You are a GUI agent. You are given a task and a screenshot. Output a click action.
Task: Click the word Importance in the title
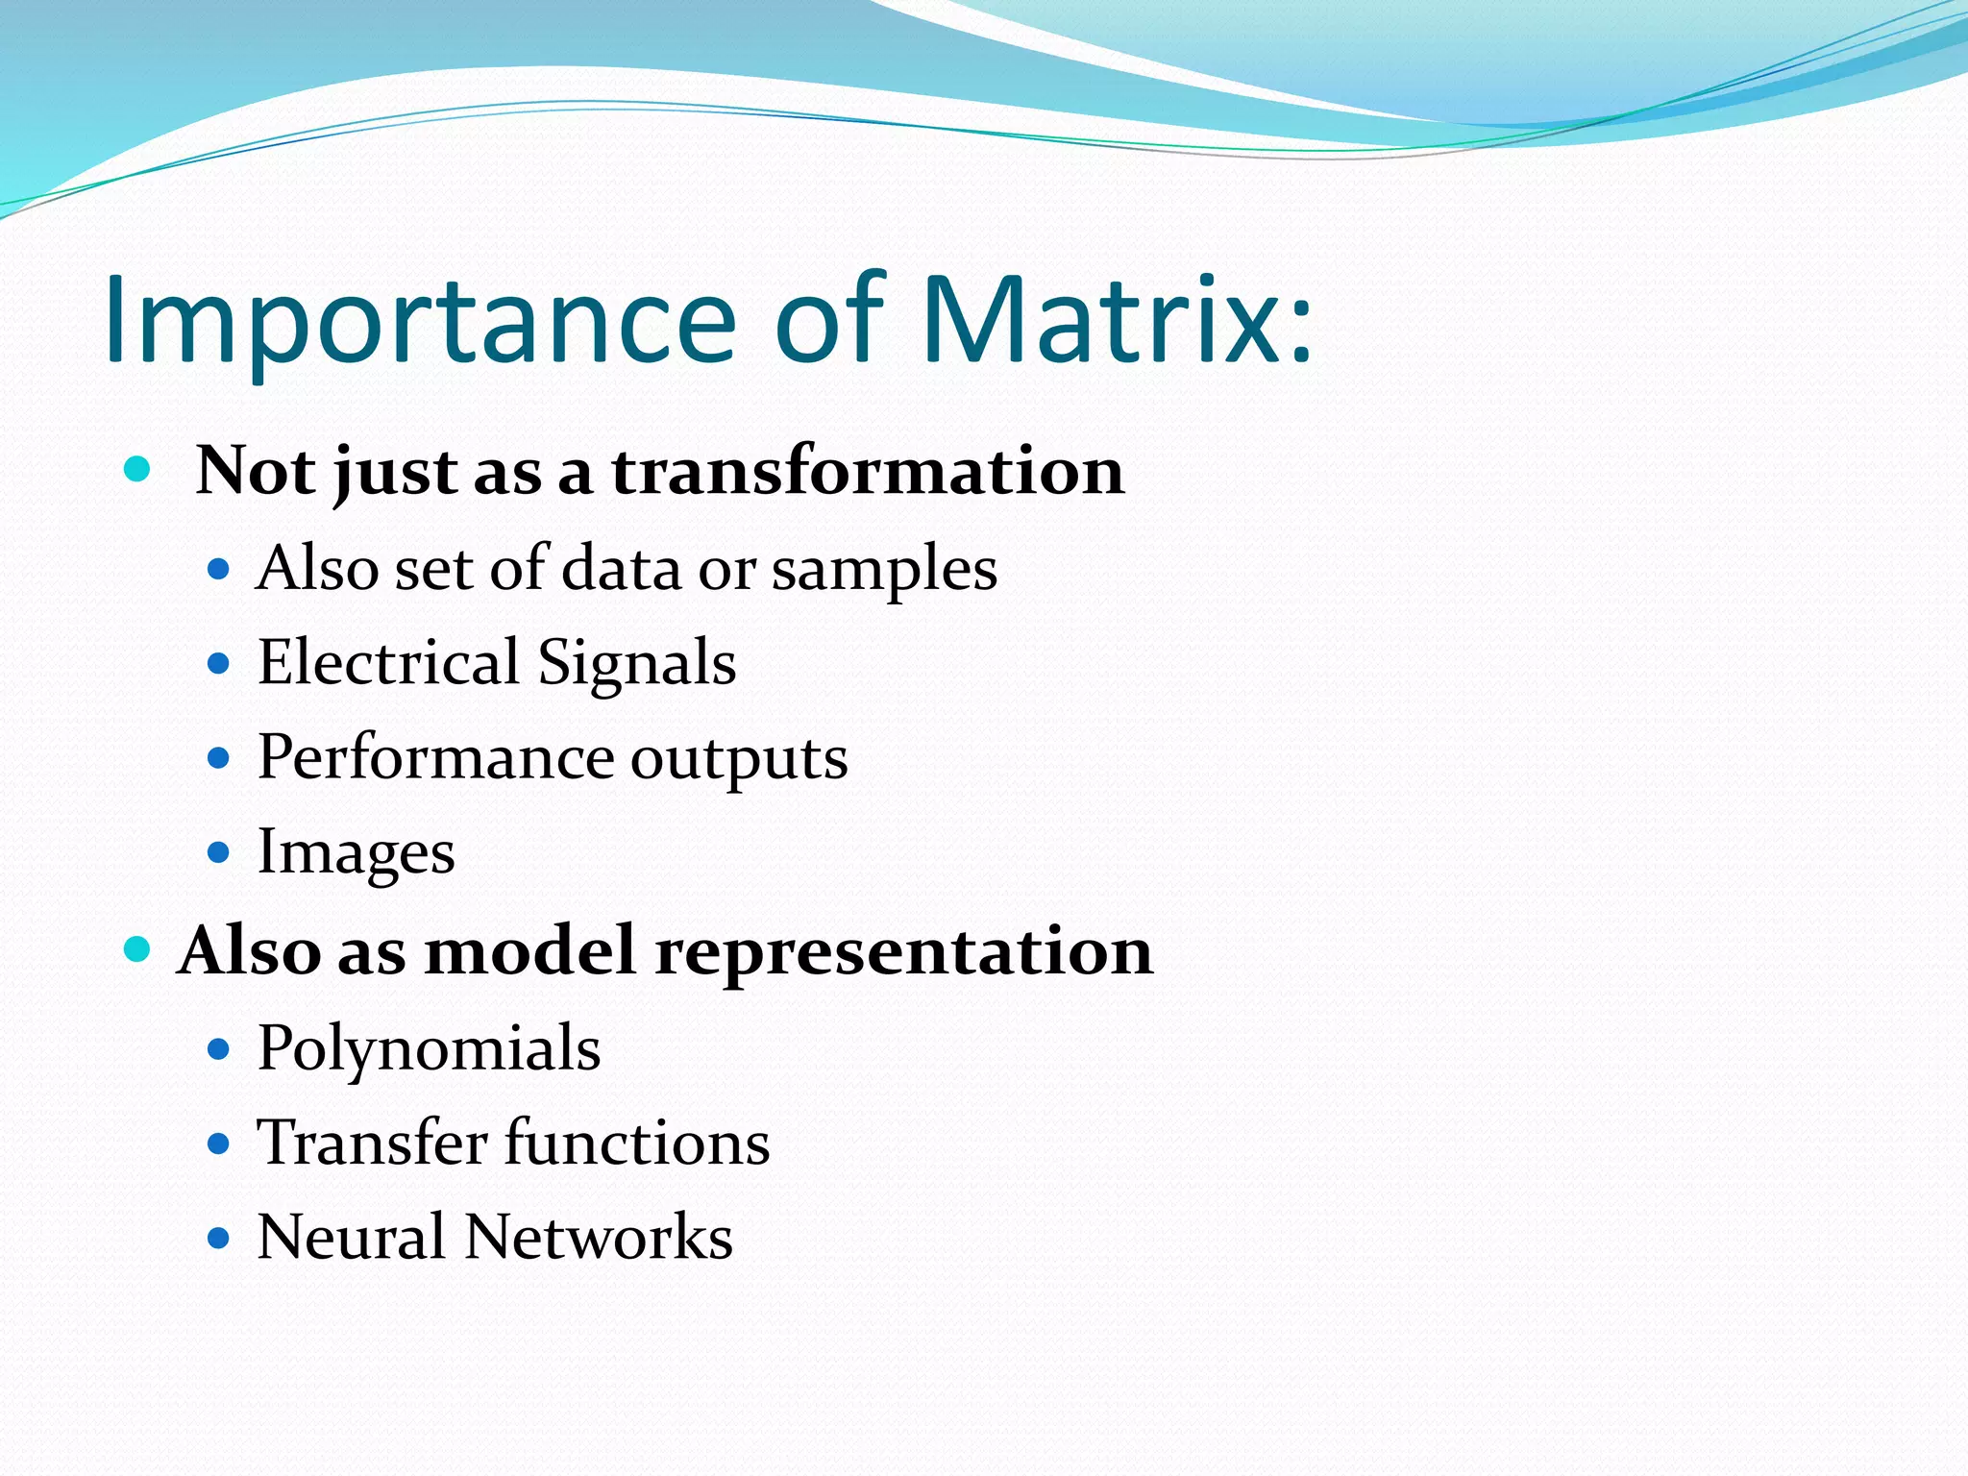[420, 322]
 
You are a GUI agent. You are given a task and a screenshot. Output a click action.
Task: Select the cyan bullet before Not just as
[138, 470]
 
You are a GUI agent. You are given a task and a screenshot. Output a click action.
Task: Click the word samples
[884, 570]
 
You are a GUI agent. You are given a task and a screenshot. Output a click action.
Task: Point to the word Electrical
[388, 663]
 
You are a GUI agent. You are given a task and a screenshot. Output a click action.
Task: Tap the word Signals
[636, 663]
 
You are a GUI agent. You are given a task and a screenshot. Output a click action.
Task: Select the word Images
[356, 853]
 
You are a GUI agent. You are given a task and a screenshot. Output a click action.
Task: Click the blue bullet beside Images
[219, 852]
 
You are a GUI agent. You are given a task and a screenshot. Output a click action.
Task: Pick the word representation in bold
[903, 951]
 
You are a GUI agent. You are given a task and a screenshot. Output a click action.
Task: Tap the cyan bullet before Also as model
[138, 950]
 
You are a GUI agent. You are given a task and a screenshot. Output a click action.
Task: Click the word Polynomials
[429, 1049]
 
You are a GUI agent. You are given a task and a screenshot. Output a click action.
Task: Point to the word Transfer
[372, 1143]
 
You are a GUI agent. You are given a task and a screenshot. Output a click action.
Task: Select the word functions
[637, 1143]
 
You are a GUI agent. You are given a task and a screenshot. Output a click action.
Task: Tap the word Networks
[599, 1237]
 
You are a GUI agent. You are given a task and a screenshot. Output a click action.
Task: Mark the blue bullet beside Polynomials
[219, 1048]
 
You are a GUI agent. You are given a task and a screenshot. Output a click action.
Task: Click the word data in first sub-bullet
[622, 568]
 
